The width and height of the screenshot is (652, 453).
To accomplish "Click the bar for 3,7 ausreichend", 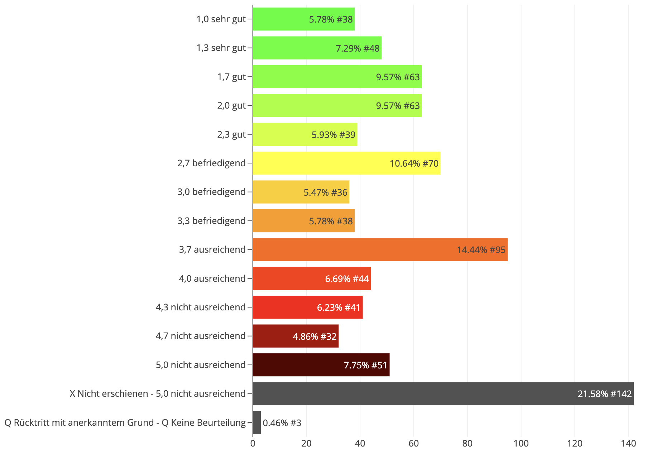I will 380,249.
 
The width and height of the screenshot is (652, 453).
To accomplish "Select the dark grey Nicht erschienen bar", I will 443,394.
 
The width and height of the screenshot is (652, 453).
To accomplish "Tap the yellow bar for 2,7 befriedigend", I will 346,163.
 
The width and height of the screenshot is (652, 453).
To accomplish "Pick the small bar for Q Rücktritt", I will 257,423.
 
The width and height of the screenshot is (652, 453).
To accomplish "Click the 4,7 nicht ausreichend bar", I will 296,336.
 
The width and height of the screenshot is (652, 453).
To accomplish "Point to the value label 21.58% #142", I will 604,394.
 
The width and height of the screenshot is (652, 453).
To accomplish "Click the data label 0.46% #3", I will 282,423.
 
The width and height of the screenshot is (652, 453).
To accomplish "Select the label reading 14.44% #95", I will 481,250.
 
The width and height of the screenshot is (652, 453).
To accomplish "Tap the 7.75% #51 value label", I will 365,365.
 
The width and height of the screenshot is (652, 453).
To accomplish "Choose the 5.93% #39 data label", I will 333,135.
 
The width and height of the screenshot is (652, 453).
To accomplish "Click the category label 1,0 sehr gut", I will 221,19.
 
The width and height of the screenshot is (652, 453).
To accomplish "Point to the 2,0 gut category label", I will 231,105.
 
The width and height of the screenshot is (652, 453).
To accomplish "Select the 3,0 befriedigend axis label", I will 211,192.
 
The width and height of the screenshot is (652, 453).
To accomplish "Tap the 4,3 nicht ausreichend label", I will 201,307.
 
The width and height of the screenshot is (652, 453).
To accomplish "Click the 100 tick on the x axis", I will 521,444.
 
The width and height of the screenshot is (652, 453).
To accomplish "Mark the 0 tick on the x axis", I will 253,444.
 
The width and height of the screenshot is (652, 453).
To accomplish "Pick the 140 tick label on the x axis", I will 628,444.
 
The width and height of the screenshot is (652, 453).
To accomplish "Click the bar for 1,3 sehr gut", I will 317,48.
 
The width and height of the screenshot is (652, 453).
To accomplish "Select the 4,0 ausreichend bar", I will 312,278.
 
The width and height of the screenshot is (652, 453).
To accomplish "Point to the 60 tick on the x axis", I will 414,444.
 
